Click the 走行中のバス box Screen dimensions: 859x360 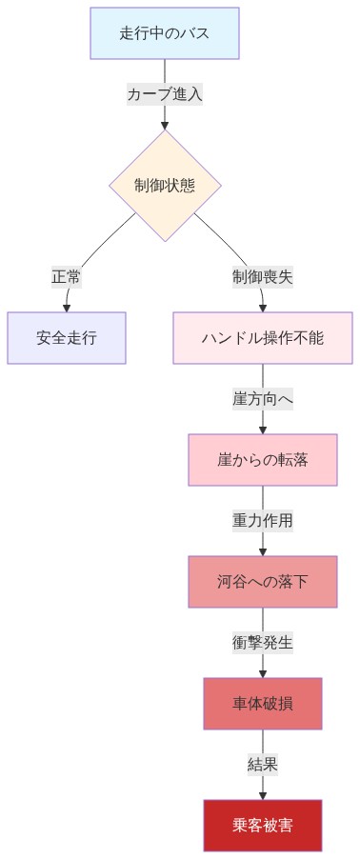164,33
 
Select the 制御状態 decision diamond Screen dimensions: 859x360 165,185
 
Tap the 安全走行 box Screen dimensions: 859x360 67,338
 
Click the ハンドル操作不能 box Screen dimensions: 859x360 262,338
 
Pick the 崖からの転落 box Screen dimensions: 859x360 262,460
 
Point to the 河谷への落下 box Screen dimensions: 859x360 262,582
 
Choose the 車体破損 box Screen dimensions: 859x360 262,704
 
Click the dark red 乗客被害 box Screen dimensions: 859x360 262,826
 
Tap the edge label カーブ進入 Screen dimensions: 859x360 165,94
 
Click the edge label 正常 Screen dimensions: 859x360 67,277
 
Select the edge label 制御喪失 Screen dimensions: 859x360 262,277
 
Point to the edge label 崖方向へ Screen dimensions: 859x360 262,399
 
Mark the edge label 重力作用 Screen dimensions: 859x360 262,521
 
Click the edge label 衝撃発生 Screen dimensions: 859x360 262,643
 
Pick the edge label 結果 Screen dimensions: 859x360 262,765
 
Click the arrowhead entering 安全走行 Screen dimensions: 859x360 67,308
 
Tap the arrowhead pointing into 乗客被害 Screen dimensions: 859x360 262,795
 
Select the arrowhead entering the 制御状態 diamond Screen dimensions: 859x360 165,124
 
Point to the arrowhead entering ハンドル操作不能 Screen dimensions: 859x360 262,308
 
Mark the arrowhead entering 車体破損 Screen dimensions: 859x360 262,673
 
